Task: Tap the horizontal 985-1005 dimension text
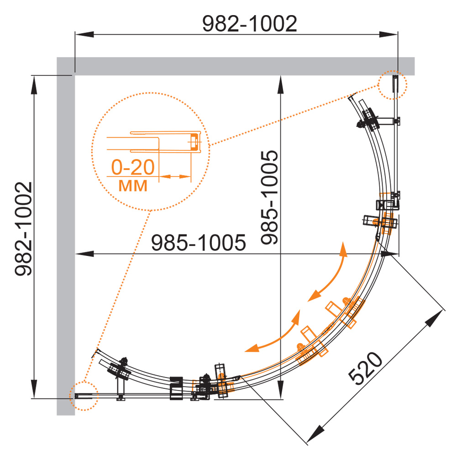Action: point(199,243)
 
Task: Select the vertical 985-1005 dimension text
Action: point(269,197)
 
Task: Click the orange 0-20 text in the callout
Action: point(133,167)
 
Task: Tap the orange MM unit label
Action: point(133,186)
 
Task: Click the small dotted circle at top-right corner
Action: point(393,85)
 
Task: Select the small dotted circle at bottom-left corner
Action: point(84,396)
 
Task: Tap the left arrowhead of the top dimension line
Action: point(84,34)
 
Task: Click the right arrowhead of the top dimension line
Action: point(388,34)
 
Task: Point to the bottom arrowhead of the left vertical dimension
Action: point(34,389)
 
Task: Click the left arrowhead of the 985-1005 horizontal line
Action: point(84,254)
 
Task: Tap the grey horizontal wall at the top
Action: point(236,66)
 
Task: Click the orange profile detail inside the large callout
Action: point(154,142)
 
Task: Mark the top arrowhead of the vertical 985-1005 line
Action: point(280,85)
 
